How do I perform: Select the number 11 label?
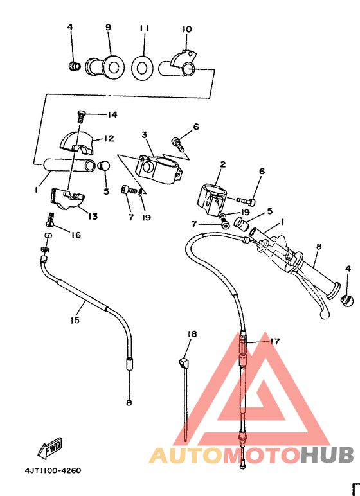tap(144, 29)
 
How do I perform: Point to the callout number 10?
tap(187, 29)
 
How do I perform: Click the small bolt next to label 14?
tap(81, 115)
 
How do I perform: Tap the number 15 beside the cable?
tap(75, 319)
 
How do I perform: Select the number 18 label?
tap(192, 334)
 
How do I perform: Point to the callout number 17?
tap(274, 341)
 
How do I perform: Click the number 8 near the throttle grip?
tap(318, 246)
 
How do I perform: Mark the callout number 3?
tap(145, 135)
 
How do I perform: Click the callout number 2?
tap(222, 164)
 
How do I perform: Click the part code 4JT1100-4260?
tap(53, 470)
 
